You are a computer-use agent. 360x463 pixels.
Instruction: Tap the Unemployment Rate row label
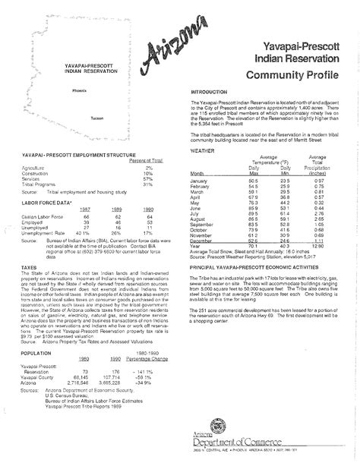(x=44, y=233)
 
